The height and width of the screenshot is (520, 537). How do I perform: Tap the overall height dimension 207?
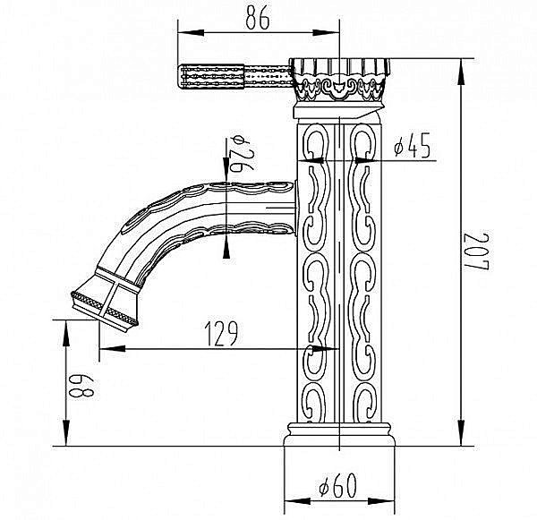click(477, 251)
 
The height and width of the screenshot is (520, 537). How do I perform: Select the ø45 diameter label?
click(412, 145)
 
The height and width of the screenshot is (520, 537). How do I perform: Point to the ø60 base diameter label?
click(337, 485)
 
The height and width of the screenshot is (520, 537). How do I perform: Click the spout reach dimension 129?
click(221, 334)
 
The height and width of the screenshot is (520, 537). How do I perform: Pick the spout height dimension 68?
click(81, 386)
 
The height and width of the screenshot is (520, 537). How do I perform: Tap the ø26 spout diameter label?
click(242, 153)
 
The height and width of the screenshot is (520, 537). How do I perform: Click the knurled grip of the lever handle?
click(211, 76)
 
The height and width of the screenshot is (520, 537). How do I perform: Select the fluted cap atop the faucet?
click(339, 80)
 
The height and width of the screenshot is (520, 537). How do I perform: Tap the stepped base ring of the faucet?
click(339, 434)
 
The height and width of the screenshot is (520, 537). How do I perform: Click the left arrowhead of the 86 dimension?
click(191, 33)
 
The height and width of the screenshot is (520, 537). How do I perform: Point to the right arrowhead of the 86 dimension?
click(326, 33)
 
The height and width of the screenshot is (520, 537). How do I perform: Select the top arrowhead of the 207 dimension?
click(462, 72)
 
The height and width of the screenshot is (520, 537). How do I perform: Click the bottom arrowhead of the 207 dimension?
click(462, 433)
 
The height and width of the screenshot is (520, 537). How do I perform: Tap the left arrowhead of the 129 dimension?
click(112, 349)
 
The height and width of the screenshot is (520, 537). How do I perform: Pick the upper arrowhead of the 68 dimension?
click(66, 333)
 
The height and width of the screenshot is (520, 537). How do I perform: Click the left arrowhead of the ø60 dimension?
click(298, 501)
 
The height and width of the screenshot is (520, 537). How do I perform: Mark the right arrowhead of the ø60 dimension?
click(381, 501)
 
